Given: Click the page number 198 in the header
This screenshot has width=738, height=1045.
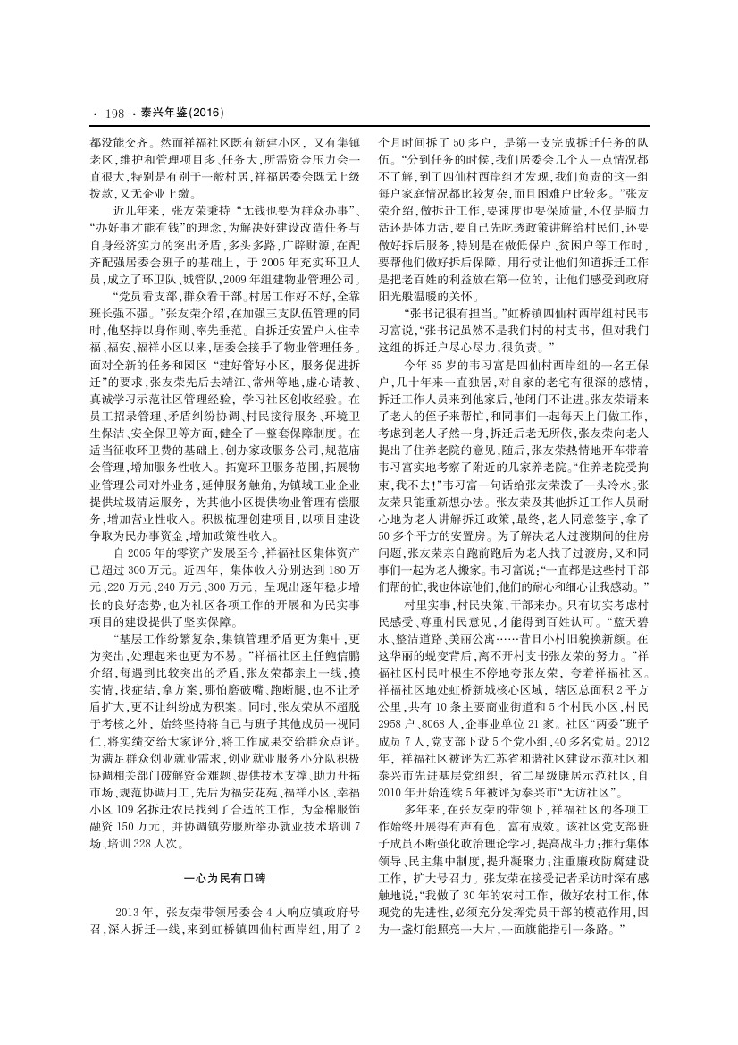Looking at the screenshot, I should pyautogui.click(x=114, y=113).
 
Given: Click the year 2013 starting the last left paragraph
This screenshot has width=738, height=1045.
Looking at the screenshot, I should pyautogui.click(x=131, y=912).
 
